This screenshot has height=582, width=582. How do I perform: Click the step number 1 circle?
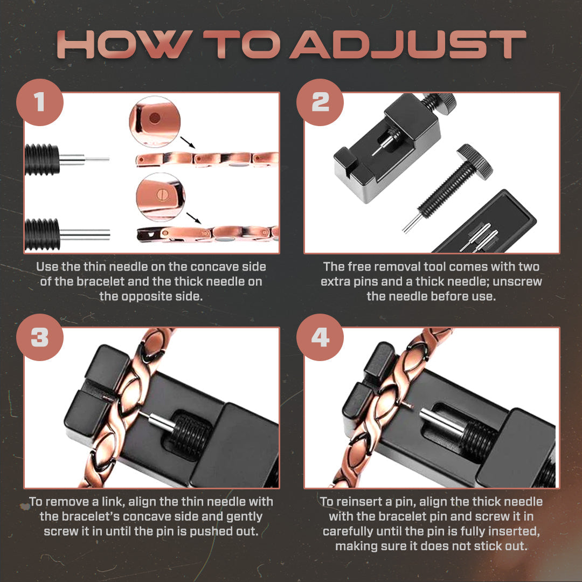tap(39, 102)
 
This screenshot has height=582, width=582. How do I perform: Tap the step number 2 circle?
tap(320, 102)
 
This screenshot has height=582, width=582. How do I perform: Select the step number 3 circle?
tap(39, 337)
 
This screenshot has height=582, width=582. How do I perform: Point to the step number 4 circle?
tap(320, 337)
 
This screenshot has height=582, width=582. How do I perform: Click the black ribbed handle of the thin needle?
tap(42, 160)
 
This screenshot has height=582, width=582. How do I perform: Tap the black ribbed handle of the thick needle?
tap(42, 234)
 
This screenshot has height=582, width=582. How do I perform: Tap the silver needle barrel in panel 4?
tap(439, 421)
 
